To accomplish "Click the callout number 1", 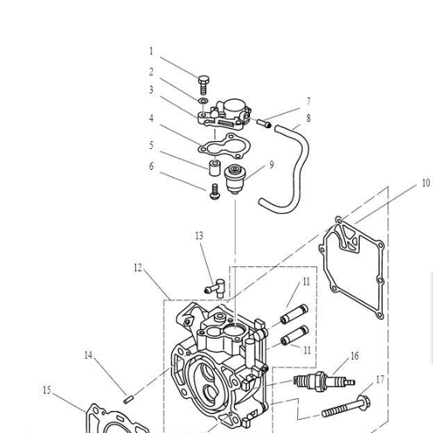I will point(151,52).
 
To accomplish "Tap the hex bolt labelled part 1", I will point(203,83).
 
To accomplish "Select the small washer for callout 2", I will point(202,100).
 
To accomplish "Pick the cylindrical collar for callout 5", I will point(214,167).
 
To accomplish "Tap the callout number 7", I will point(309,102).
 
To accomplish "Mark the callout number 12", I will point(138,268).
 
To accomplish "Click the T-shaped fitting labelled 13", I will point(214,287).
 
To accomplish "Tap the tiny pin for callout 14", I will point(130,399).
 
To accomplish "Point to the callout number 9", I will point(272,164).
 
